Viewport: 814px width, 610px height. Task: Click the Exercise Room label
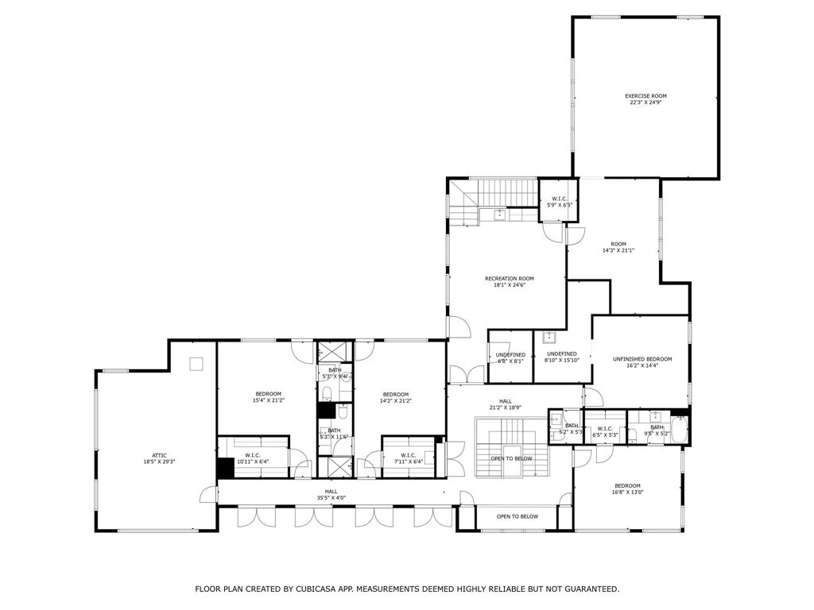click(645, 96)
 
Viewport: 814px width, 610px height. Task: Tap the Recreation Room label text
click(509, 279)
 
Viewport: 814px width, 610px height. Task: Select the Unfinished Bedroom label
click(642, 359)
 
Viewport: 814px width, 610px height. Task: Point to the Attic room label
click(159, 455)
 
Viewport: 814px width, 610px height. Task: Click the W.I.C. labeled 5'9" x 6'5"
click(559, 199)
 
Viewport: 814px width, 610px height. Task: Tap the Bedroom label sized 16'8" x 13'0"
click(626, 485)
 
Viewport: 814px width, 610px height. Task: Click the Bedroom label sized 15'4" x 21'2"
click(268, 394)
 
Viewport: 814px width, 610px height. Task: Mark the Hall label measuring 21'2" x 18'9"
click(506, 401)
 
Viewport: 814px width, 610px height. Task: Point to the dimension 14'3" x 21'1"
click(618, 250)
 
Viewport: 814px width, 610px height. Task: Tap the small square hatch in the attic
click(196, 364)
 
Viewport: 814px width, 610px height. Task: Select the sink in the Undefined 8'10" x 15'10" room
click(549, 338)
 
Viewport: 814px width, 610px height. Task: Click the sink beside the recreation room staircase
click(499, 214)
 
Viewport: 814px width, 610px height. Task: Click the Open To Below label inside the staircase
click(511, 458)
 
